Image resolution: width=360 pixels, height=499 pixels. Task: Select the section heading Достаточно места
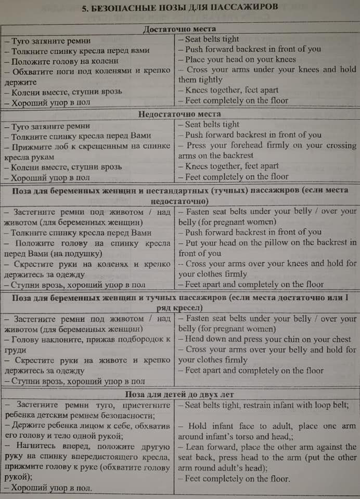(179, 29)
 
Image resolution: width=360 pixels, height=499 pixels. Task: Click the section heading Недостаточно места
(179, 114)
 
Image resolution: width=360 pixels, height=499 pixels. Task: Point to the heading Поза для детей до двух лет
(179, 395)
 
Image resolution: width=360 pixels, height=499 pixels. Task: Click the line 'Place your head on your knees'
(240, 59)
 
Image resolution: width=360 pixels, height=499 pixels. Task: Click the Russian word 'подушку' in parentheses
(83, 254)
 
